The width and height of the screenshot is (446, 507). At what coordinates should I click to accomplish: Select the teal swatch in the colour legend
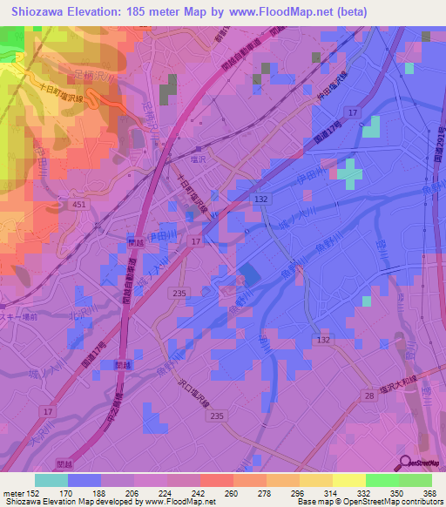51,480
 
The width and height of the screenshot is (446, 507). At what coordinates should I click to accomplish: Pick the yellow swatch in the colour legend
348,480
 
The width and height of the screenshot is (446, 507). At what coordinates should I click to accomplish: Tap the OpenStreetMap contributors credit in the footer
393,503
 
